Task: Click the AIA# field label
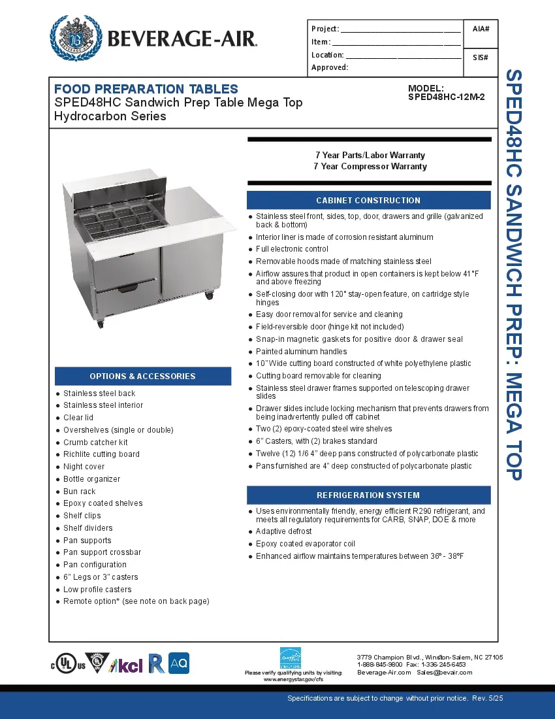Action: [x=481, y=29]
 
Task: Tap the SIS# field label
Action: [x=481, y=58]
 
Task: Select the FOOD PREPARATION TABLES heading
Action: [x=146, y=89]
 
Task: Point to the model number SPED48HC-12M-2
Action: [x=446, y=97]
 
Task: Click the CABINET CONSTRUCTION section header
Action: [x=368, y=200]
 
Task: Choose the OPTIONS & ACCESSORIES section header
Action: [x=142, y=376]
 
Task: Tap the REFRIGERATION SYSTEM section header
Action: [x=368, y=495]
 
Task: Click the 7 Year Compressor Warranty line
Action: [x=370, y=167]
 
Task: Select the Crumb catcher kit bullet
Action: [x=95, y=443]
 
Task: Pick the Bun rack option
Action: [x=79, y=492]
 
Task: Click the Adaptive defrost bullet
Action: [x=283, y=531]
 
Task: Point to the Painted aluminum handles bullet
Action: [x=301, y=352]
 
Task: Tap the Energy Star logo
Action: [x=291, y=659]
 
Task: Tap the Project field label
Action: [x=325, y=29]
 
